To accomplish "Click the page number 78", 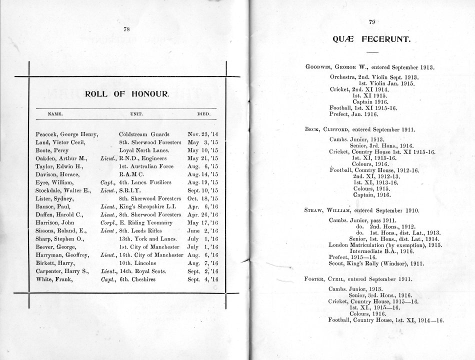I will [126, 28].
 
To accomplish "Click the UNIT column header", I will [136, 114].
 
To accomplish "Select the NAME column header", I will [54, 114].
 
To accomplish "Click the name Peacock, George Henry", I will [66, 134].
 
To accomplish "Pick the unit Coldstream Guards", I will [144, 134].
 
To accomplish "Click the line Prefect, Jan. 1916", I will [353, 113].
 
